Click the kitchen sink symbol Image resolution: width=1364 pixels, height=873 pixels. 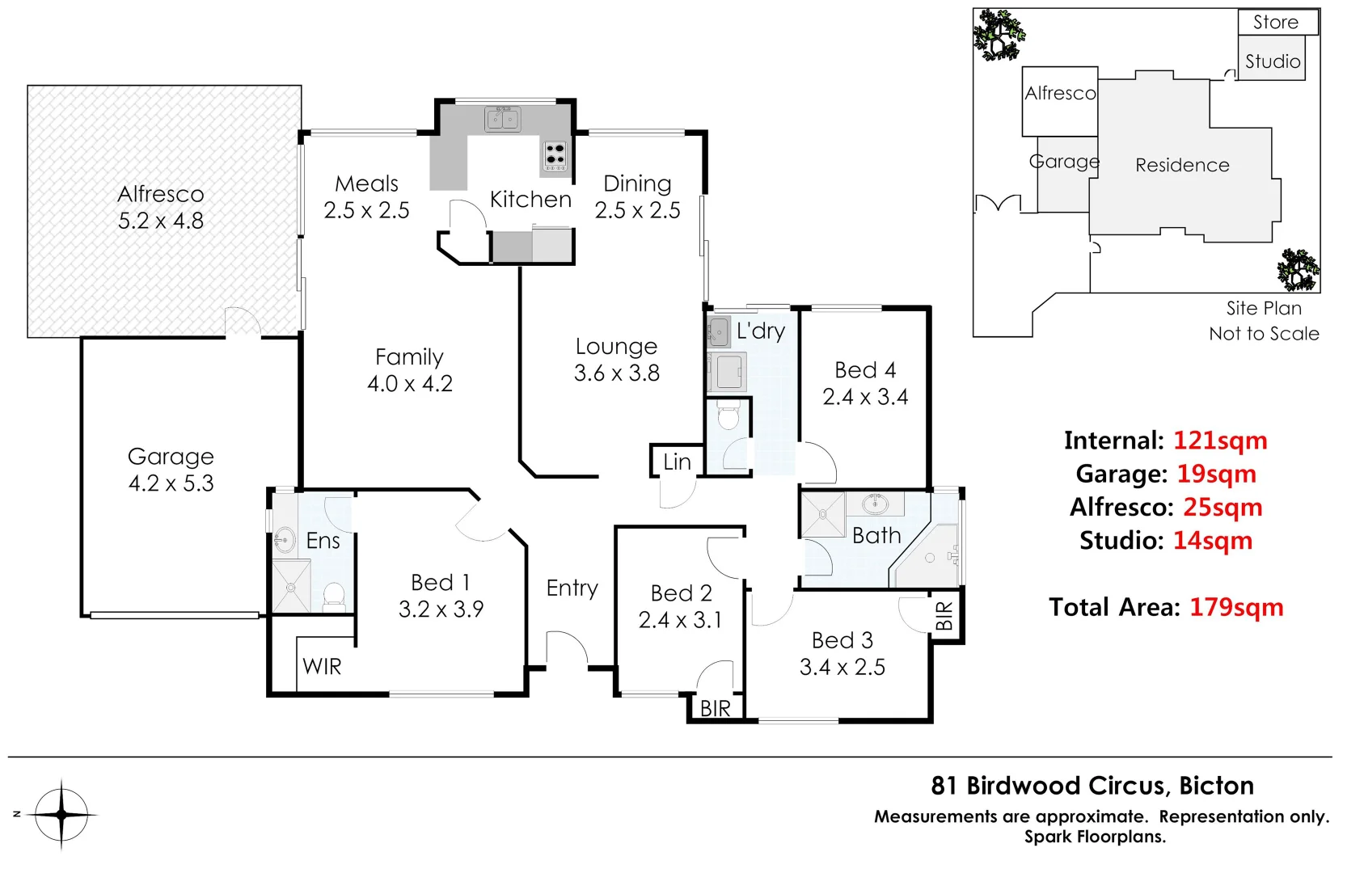pyautogui.click(x=503, y=120)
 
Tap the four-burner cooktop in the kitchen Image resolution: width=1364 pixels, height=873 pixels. pyautogui.click(x=555, y=155)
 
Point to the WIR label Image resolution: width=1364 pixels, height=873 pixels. pyautogui.click(x=322, y=667)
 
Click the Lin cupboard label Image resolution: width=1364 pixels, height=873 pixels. pyautogui.click(x=677, y=462)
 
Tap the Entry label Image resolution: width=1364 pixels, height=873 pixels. pyautogui.click(x=572, y=588)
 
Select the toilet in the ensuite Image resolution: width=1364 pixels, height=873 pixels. pyautogui.click(x=333, y=597)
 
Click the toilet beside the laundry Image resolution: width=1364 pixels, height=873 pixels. pyautogui.click(x=728, y=417)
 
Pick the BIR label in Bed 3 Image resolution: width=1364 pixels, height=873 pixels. pyautogui.click(x=944, y=617)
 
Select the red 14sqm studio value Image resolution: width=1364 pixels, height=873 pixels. pyautogui.click(x=1212, y=541)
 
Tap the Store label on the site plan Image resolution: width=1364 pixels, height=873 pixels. pyautogui.click(x=1275, y=23)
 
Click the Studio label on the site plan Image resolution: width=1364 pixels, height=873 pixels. pyautogui.click(x=1272, y=62)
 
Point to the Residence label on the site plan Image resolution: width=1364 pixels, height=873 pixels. pyautogui.click(x=1181, y=166)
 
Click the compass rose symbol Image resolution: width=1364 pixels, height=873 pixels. pyautogui.click(x=61, y=815)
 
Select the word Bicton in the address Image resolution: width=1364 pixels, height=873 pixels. pyautogui.click(x=1216, y=786)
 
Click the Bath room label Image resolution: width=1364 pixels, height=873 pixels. pyautogui.click(x=876, y=536)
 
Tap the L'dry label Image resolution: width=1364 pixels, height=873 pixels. pyautogui.click(x=760, y=331)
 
